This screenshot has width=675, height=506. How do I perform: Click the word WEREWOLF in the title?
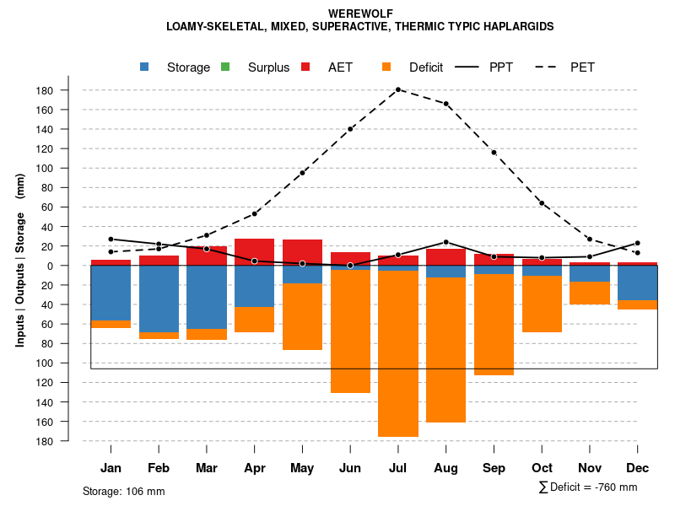360,14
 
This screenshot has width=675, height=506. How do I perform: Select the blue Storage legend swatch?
145,67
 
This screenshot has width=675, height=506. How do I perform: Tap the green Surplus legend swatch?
225,67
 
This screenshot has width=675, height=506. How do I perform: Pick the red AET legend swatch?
305,67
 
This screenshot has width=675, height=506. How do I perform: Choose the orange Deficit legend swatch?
386,67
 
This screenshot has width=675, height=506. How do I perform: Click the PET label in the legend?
582,67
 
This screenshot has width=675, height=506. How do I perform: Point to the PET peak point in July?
398,89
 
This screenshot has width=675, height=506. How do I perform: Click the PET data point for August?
446,104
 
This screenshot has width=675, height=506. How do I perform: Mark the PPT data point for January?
111,240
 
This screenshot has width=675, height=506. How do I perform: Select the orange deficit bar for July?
398,354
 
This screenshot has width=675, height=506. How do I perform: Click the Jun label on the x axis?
350,468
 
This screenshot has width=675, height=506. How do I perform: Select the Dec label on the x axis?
638,468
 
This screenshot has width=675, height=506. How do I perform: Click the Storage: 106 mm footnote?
124,491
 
